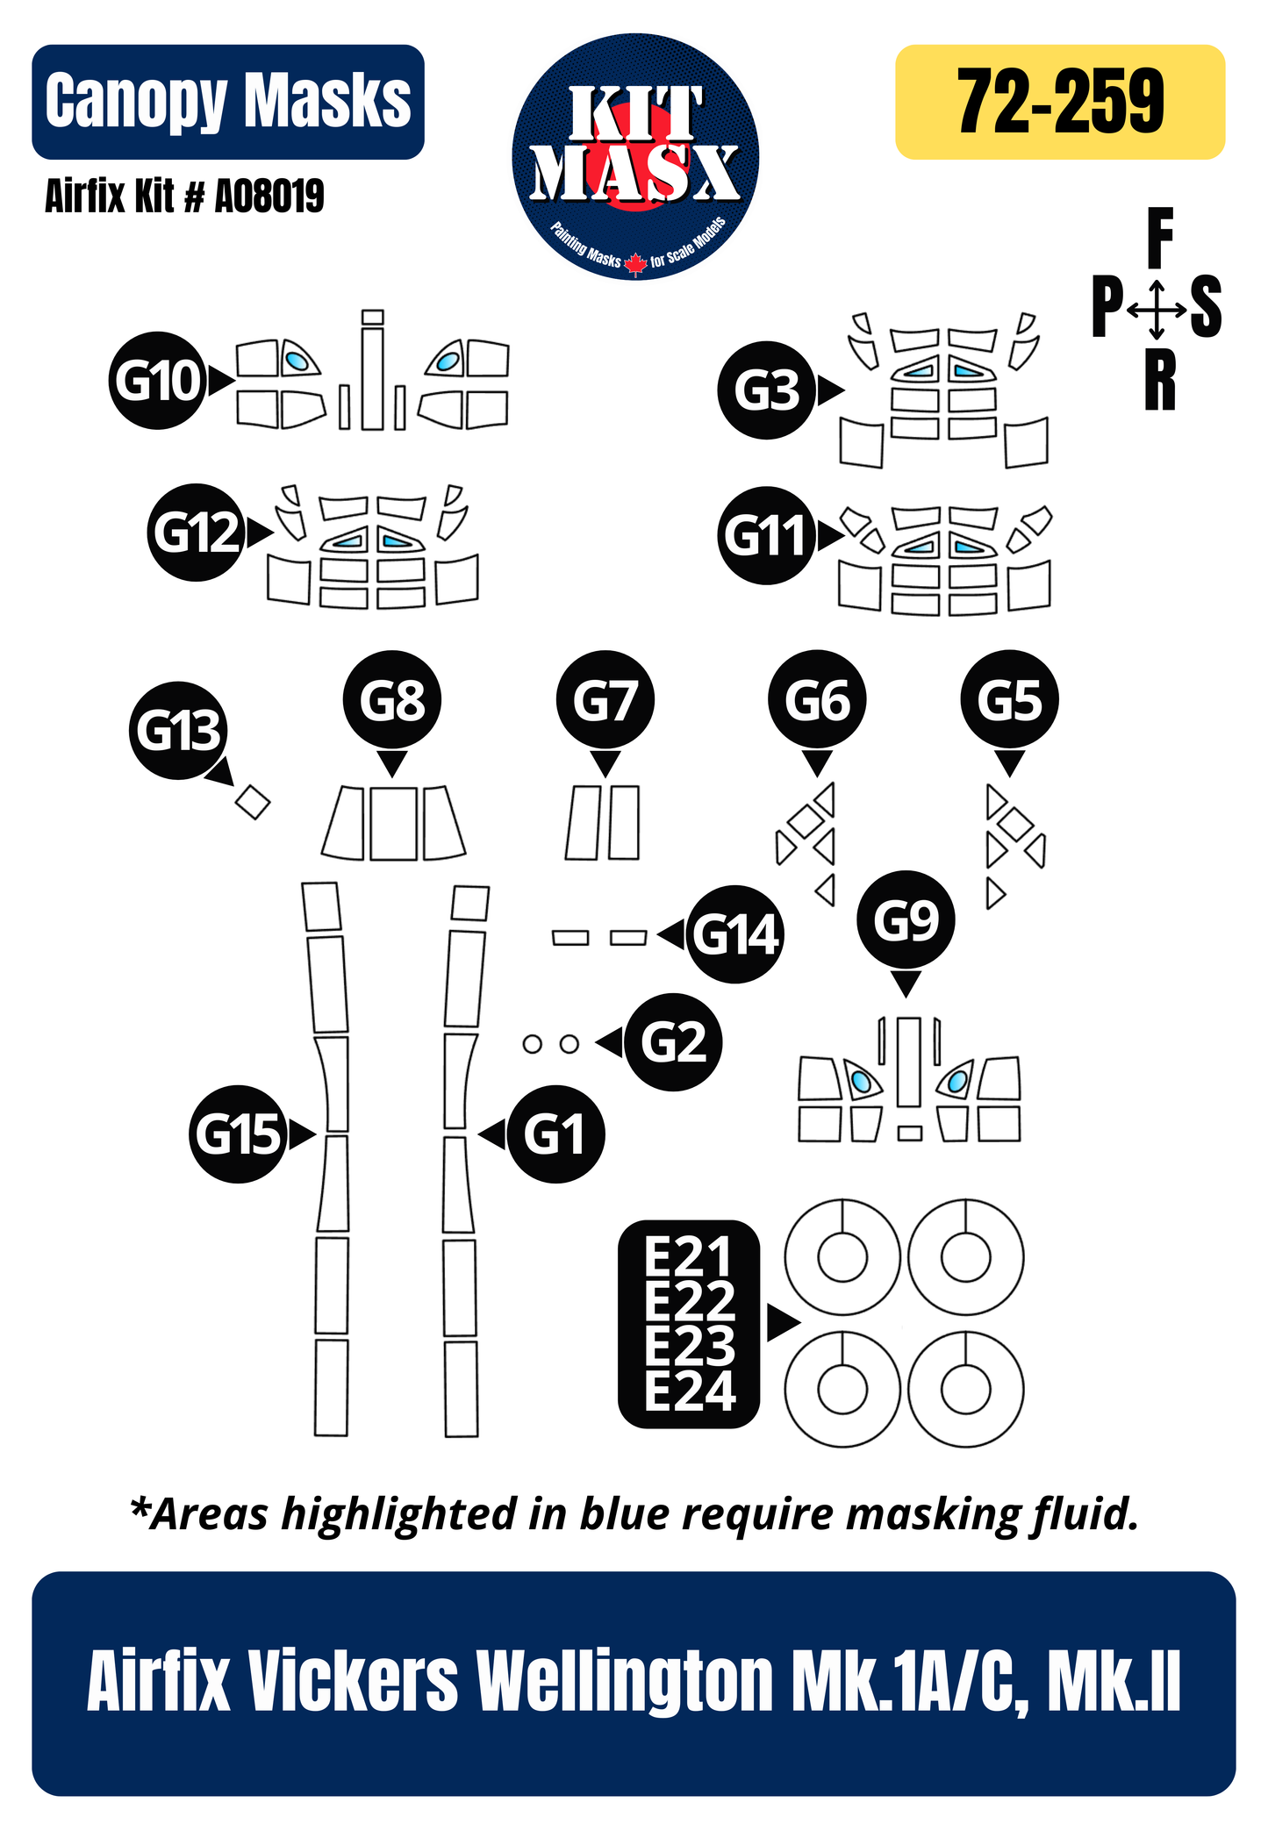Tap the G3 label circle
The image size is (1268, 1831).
click(766, 390)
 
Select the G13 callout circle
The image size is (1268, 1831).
click(178, 730)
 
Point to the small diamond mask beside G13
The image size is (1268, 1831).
click(253, 801)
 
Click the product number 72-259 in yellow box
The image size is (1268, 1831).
click(1060, 102)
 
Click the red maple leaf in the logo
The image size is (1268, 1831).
click(635, 262)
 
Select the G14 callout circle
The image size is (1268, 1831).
click(734, 935)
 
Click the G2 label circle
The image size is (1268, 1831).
click(673, 1042)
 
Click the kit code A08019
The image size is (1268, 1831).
click(269, 196)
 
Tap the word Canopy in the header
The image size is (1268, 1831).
click(136, 102)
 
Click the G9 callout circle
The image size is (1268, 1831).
click(906, 919)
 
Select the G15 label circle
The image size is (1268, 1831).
click(238, 1134)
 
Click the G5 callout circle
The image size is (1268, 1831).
click(1010, 699)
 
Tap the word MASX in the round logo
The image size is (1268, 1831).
click(635, 172)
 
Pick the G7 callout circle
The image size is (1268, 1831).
click(605, 699)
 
